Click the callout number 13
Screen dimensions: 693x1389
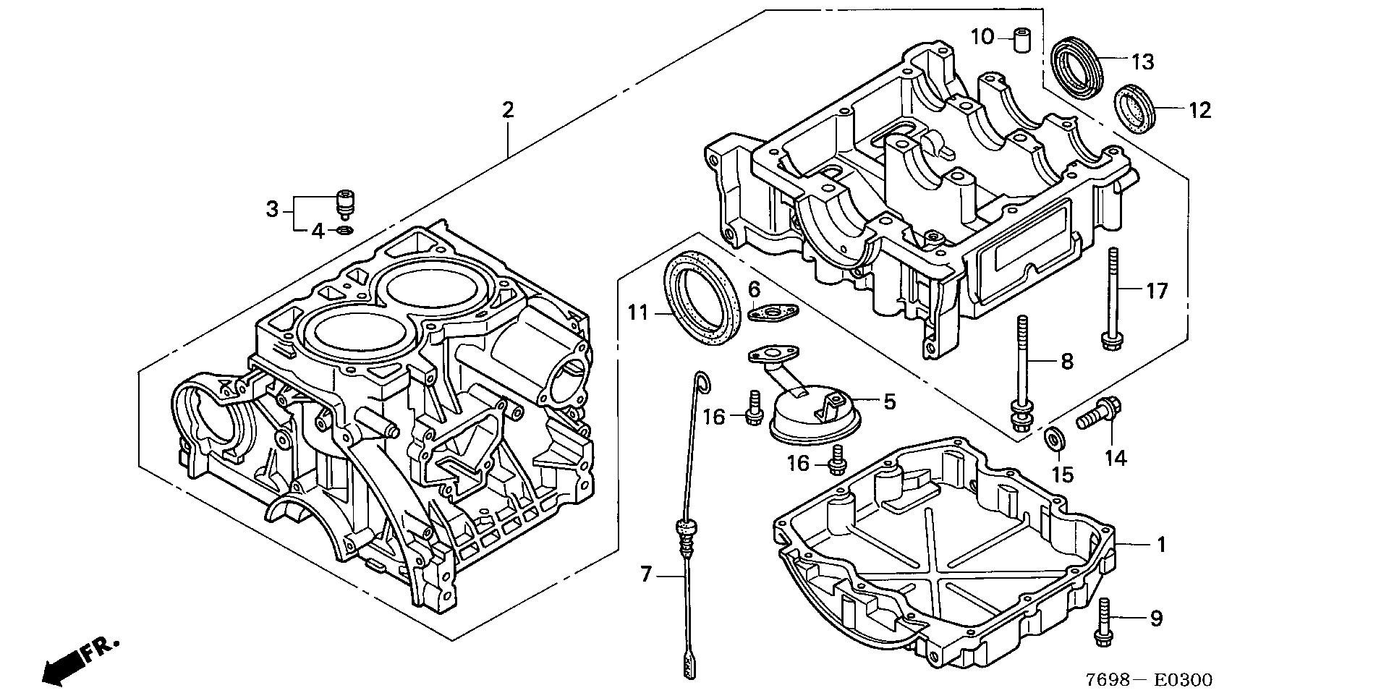click(x=1142, y=62)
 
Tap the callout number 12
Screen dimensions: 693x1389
click(x=1199, y=111)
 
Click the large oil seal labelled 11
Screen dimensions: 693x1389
click(x=702, y=297)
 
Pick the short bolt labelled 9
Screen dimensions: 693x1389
click(x=1103, y=623)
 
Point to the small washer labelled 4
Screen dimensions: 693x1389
click(x=346, y=231)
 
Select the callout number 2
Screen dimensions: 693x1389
click(x=508, y=111)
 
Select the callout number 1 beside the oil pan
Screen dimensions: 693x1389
click(x=1160, y=544)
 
